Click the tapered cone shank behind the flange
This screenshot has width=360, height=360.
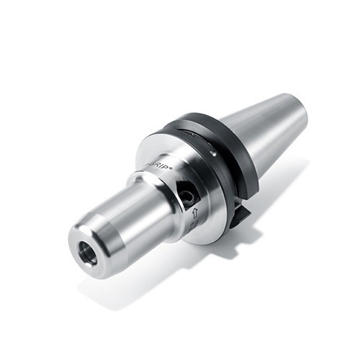(x=266, y=133)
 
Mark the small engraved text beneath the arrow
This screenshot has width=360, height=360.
(x=193, y=227)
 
